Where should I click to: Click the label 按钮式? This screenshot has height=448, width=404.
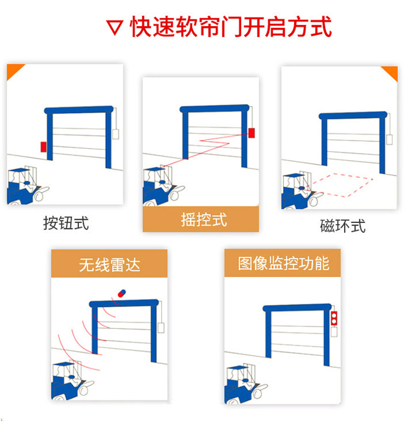click(x=65, y=223)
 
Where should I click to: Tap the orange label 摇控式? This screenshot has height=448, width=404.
click(x=203, y=220)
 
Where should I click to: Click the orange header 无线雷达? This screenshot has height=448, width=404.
click(x=109, y=264)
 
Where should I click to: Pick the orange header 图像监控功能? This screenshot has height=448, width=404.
click(x=283, y=263)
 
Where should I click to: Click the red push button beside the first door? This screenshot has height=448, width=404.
click(x=43, y=146)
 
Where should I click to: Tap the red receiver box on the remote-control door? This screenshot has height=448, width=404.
click(x=251, y=133)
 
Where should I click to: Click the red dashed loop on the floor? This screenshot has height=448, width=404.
click(x=344, y=185)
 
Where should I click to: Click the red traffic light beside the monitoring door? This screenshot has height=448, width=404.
click(x=334, y=318)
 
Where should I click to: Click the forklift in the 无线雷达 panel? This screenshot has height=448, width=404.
click(x=69, y=380)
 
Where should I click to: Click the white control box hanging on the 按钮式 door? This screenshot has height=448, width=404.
click(x=116, y=133)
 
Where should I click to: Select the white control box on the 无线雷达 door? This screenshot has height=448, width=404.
click(x=161, y=327)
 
